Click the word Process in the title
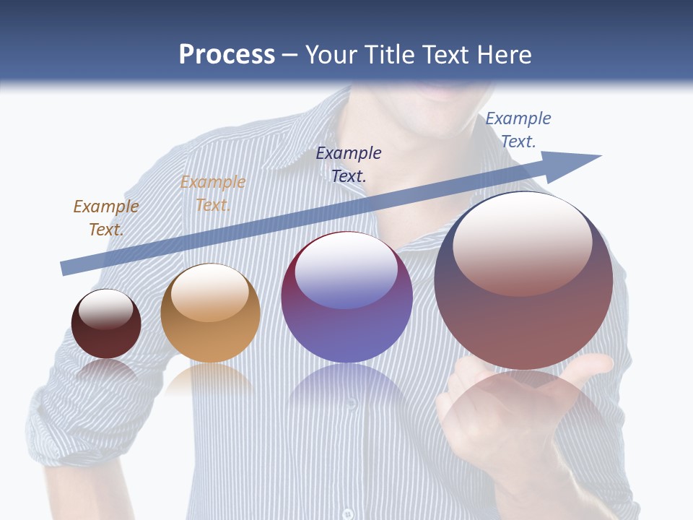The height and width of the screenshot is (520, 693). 227,55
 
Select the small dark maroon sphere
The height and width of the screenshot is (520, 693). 106,325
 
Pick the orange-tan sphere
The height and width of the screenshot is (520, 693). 210,313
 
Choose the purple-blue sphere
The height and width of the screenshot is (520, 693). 347,298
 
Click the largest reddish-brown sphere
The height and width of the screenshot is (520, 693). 523,282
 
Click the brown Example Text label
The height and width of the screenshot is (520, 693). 105,217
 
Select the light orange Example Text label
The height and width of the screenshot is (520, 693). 212,193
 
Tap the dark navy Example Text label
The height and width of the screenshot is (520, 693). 349,164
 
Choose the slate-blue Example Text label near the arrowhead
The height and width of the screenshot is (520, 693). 518,129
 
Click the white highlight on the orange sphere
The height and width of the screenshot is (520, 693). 209,292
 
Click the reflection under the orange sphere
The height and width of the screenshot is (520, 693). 209,379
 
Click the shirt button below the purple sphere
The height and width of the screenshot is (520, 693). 351,402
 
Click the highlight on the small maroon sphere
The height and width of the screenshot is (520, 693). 105,310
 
